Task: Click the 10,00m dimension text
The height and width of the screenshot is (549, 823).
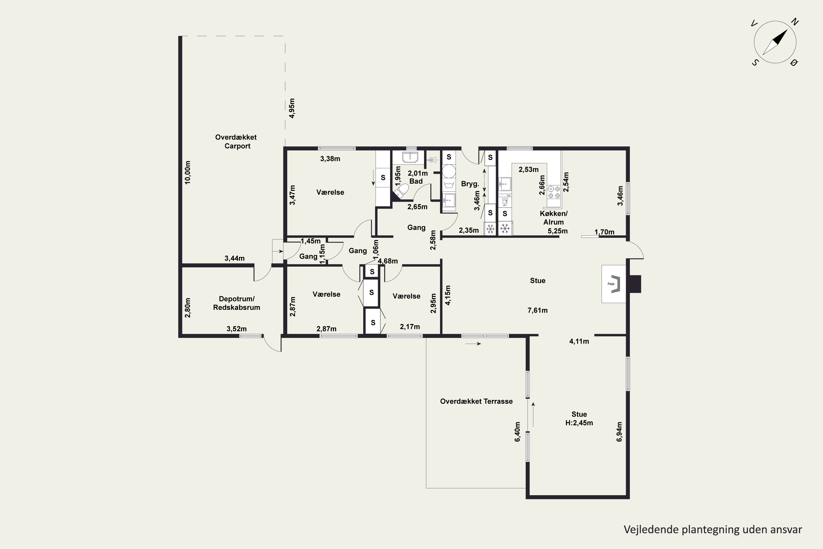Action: click(188, 173)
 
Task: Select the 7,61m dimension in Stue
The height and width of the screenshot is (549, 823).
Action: click(537, 310)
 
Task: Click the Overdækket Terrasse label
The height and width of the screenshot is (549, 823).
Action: click(476, 401)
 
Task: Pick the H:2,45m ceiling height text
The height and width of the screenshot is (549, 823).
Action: click(579, 423)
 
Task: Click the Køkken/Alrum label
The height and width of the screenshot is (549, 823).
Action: click(554, 218)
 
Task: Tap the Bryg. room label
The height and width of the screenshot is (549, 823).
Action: click(470, 184)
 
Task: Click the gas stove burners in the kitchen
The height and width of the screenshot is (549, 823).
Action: click(554, 192)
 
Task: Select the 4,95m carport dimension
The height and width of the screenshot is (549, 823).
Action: click(292, 108)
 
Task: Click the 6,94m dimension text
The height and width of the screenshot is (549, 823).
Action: click(619, 432)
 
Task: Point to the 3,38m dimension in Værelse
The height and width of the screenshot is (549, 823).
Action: click(330, 159)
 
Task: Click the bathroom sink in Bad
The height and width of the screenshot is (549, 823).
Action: click(410, 158)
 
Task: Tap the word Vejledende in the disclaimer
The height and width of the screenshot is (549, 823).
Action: click(651, 530)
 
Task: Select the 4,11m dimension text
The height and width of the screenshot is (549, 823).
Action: click(579, 341)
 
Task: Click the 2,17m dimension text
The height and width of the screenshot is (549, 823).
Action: click(410, 327)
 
